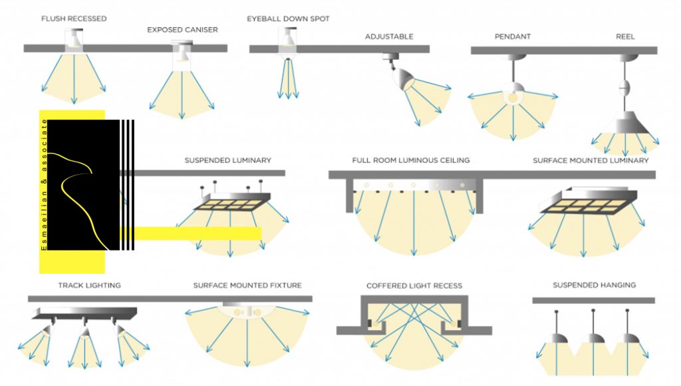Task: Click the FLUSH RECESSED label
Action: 74,19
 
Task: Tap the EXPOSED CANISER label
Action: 182,30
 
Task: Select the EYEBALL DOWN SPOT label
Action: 288,19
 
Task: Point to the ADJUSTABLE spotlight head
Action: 403,78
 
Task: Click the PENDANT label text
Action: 513,37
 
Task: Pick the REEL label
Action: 625,37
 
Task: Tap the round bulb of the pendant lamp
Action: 513,97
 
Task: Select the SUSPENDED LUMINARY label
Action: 227,160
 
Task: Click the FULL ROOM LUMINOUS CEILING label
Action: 411,160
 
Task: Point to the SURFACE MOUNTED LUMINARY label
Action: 591,161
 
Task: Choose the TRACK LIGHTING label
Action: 90,286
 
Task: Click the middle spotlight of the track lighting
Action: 85,331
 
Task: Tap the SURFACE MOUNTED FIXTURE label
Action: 247,286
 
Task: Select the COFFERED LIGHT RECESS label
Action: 414,286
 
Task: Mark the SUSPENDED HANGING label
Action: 594,285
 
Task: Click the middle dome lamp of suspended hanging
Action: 593,338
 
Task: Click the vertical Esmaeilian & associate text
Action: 43,185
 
